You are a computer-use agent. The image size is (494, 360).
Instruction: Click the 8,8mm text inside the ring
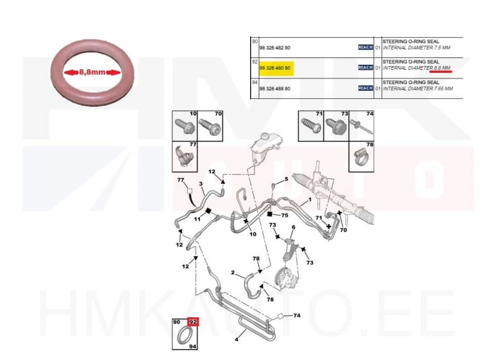pos(91,72)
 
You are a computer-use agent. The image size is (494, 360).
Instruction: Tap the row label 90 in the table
pos(254,41)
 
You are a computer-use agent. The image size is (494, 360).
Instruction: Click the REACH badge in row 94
pos(366,88)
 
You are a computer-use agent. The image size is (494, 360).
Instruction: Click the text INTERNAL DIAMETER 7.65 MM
pos(418,89)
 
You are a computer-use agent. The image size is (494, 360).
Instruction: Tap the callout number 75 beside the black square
pos(285,216)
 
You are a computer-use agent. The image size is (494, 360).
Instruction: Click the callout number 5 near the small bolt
pos(287,180)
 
